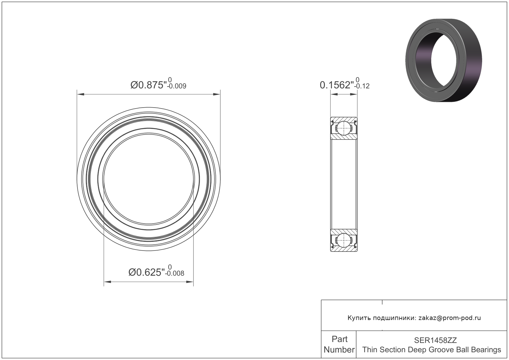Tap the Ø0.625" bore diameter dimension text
147,272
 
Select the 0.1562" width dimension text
337,85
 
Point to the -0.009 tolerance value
177,87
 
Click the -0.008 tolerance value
175,273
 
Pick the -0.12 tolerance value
362,87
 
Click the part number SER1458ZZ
435,340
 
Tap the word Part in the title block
339,339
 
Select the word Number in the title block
339,350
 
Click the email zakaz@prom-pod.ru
450,318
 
